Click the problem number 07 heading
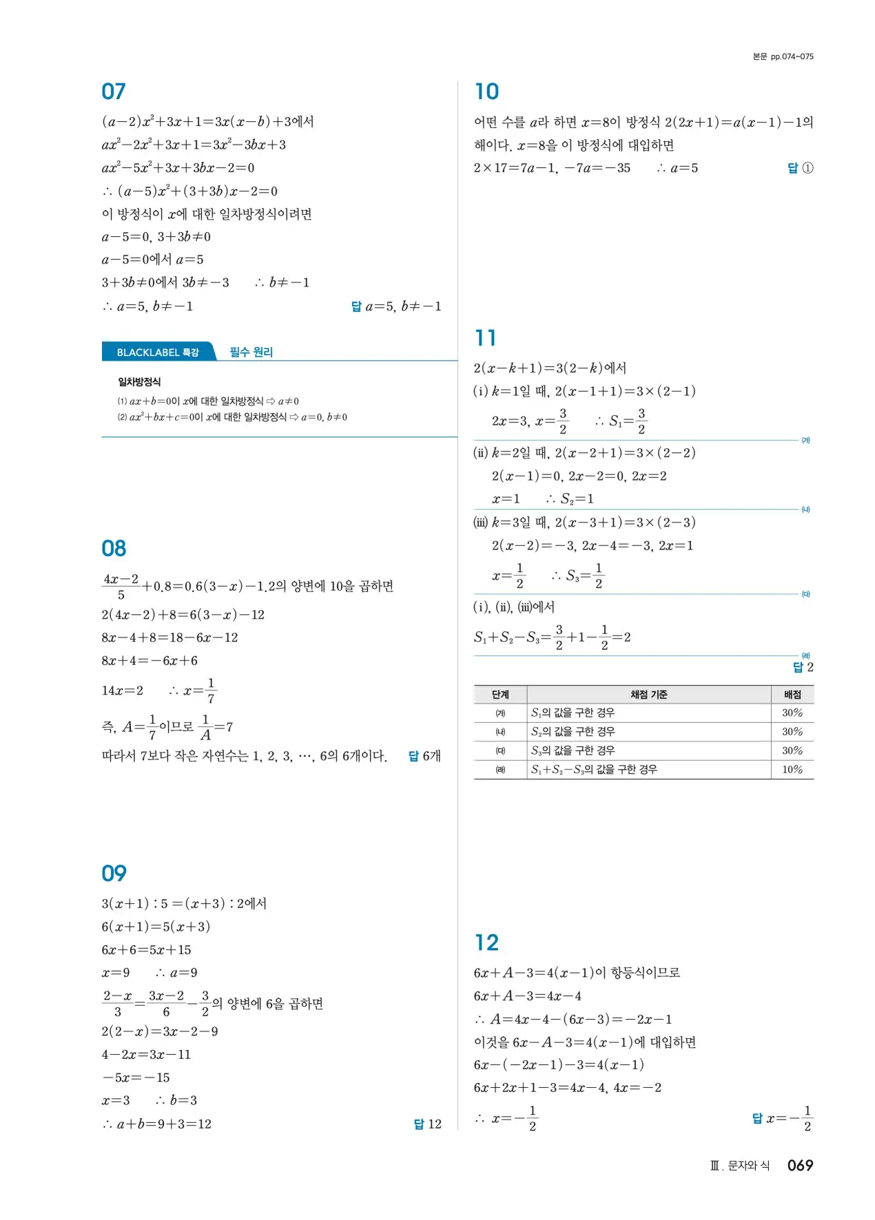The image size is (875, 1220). [114, 92]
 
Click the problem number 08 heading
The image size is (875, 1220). [114, 549]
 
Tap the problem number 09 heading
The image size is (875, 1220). [114, 874]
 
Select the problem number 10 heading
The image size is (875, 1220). [486, 92]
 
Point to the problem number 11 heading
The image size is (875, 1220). [485, 338]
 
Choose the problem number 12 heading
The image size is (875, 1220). [486, 943]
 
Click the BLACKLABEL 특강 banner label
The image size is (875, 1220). [158, 353]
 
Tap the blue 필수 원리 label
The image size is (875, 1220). [251, 352]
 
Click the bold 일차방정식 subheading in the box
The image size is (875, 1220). [139, 382]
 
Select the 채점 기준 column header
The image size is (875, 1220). [648, 695]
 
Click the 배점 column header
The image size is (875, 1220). [792, 695]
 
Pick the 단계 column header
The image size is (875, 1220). [500, 695]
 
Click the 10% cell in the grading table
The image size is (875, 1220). [792, 770]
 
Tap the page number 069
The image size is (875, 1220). [800, 1166]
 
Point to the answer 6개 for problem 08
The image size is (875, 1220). [431, 756]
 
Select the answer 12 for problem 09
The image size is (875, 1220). [433, 1124]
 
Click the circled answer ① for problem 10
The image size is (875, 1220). [807, 168]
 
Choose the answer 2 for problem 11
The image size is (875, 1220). [810, 667]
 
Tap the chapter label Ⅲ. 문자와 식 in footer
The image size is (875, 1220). [740, 1166]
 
